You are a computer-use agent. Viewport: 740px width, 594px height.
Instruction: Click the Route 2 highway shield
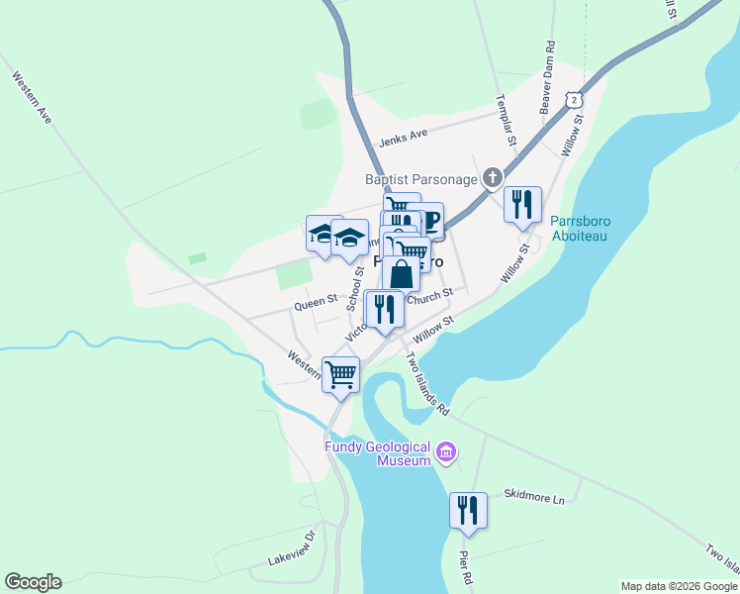click(x=574, y=100)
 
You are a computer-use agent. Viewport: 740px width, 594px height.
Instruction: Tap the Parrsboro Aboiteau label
click(x=580, y=230)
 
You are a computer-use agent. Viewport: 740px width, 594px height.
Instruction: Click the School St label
click(x=355, y=288)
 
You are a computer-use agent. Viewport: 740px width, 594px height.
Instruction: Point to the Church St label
click(x=433, y=293)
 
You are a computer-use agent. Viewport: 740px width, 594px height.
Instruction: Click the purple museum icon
click(x=447, y=454)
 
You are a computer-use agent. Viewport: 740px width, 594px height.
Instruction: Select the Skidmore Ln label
click(x=533, y=498)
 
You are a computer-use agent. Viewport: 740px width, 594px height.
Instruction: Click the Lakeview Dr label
click(x=292, y=548)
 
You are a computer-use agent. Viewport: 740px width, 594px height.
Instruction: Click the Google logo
click(x=33, y=582)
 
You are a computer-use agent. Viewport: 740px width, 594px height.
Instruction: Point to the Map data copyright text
click(x=679, y=586)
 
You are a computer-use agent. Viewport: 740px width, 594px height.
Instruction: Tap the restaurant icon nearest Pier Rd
click(x=467, y=510)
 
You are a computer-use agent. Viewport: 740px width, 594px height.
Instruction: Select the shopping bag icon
click(x=401, y=273)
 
